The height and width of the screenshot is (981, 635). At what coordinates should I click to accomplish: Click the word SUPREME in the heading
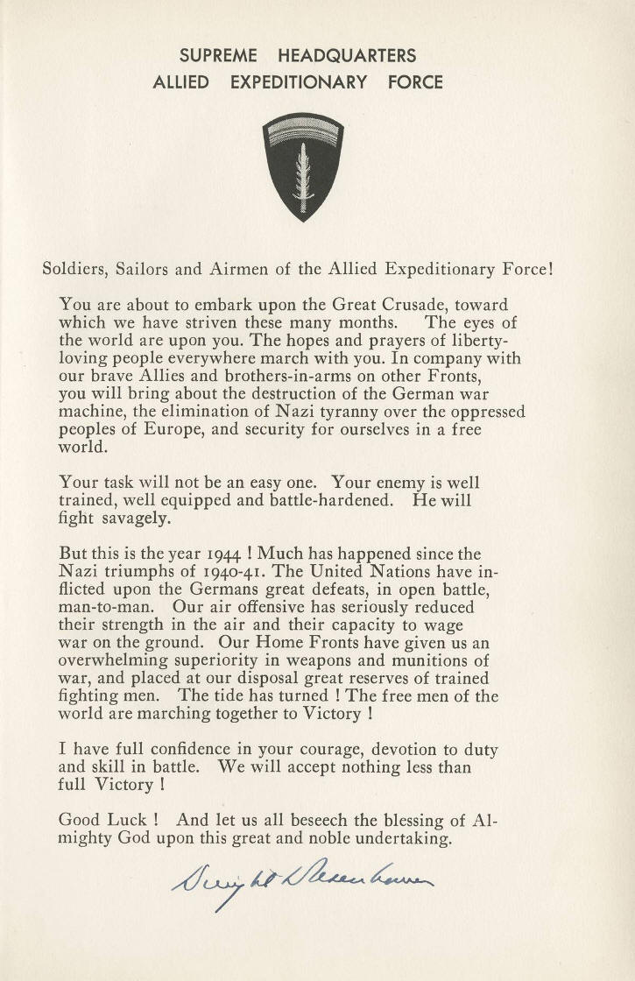[218, 56]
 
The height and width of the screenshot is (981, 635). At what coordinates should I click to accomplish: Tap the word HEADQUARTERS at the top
[347, 56]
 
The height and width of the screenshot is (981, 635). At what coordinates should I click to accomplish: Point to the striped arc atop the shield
[304, 132]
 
